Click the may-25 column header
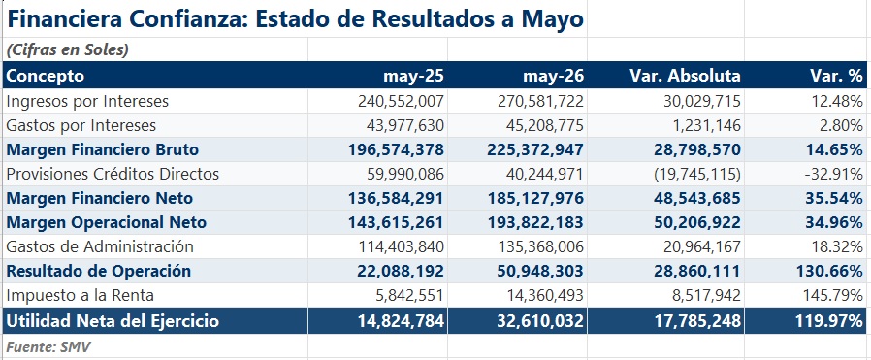(413, 76)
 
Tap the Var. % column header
(836, 76)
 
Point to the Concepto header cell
(45, 76)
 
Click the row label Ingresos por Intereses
(87, 102)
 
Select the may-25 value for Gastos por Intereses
(405, 125)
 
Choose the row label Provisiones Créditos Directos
(113, 175)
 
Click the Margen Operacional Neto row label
(106, 223)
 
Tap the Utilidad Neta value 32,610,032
(540, 321)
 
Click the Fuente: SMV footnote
(48, 347)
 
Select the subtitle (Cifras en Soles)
(67, 50)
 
